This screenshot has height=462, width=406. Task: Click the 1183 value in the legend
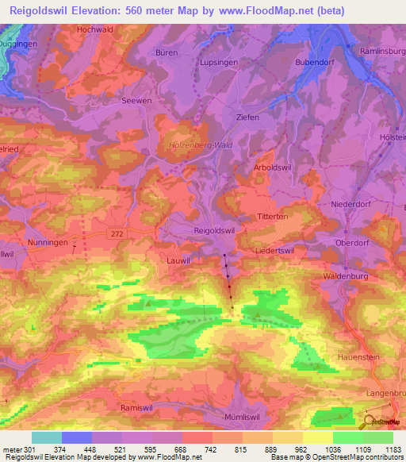[391, 450]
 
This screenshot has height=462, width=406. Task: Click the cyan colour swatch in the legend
[46, 437]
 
